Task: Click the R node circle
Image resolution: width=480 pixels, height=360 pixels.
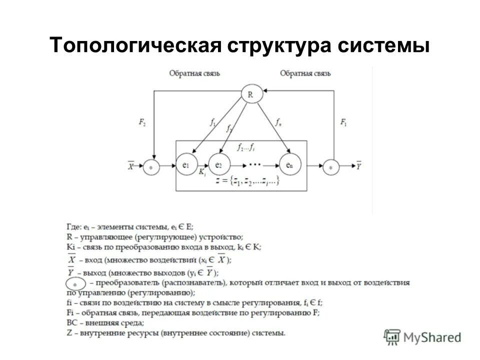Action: click(x=251, y=93)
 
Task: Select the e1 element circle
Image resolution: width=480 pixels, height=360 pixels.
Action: click(x=185, y=165)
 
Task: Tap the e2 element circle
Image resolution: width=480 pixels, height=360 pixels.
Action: click(x=218, y=165)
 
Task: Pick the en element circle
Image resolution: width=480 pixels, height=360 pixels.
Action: click(x=289, y=165)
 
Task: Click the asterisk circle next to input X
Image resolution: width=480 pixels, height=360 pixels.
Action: click(x=151, y=167)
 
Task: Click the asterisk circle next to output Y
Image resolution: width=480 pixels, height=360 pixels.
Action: click(x=330, y=167)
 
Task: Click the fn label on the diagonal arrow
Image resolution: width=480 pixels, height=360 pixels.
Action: click(x=278, y=121)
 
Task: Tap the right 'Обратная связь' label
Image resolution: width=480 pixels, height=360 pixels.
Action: click(x=305, y=73)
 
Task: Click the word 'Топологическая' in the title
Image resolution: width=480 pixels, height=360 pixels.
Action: click(x=135, y=46)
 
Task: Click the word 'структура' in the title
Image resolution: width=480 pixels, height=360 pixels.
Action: click(x=280, y=46)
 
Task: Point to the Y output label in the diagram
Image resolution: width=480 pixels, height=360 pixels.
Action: click(x=358, y=166)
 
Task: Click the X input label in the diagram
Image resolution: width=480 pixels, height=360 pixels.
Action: click(x=131, y=166)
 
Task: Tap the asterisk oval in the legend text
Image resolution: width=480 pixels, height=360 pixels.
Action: click(x=74, y=283)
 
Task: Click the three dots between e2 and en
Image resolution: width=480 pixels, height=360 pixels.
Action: click(x=254, y=164)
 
